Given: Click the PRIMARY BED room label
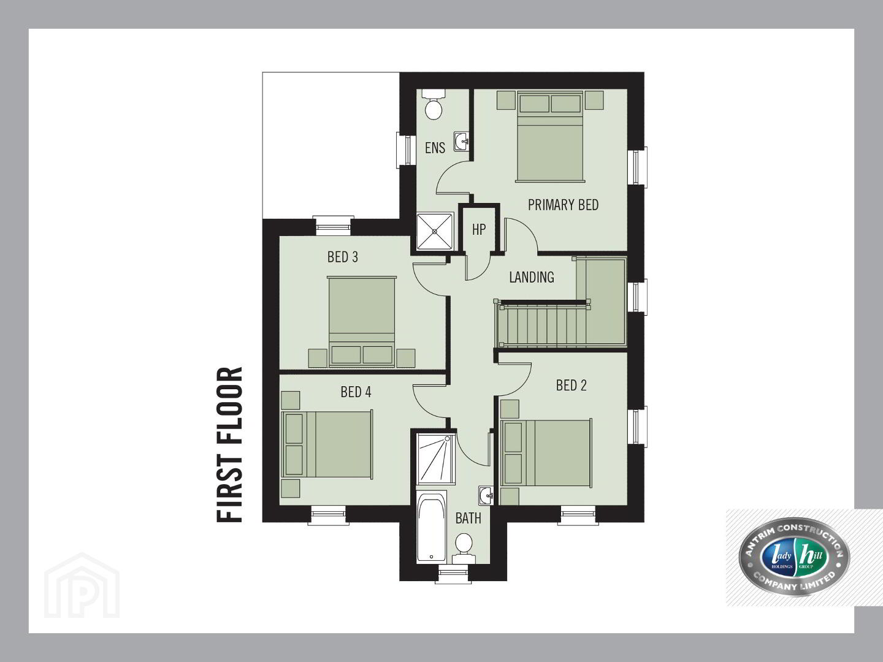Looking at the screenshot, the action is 563,205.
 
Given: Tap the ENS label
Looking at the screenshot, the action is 435,148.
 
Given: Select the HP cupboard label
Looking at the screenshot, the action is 479,229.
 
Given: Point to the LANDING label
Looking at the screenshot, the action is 532,277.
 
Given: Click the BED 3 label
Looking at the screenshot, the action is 342,257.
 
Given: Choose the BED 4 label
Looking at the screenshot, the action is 356,392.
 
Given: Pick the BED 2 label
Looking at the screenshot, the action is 571,386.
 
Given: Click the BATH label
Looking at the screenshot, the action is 468,519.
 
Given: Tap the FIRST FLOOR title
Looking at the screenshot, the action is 229,444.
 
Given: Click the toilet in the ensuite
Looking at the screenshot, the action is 434,104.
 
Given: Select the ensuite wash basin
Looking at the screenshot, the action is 461,142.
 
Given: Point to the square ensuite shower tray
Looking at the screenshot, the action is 435,232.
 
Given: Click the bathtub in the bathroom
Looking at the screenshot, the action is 432,526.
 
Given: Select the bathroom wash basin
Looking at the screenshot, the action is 486,496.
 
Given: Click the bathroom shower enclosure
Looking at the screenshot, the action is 436,459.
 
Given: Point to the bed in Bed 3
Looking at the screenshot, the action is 361,322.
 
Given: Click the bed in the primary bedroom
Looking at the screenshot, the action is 550,137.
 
